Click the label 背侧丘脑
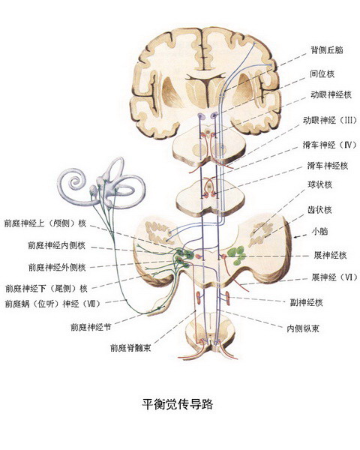point(327,50)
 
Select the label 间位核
point(322,73)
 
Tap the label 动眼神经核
point(331,94)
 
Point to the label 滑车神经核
point(328,166)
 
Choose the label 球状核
point(320,184)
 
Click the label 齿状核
point(319,210)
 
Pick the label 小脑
point(320,231)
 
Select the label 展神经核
point(331,255)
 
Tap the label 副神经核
point(306,302)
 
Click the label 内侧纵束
point(303,328)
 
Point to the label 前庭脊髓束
point(130,348)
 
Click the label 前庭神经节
point(91,327)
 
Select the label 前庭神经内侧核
point(56,246)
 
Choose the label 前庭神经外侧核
point(57,267)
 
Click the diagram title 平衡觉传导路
point(178,404)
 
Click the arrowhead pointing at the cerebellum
point(295,237)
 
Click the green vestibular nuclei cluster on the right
point(236,255)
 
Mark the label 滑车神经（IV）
point(329,144)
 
